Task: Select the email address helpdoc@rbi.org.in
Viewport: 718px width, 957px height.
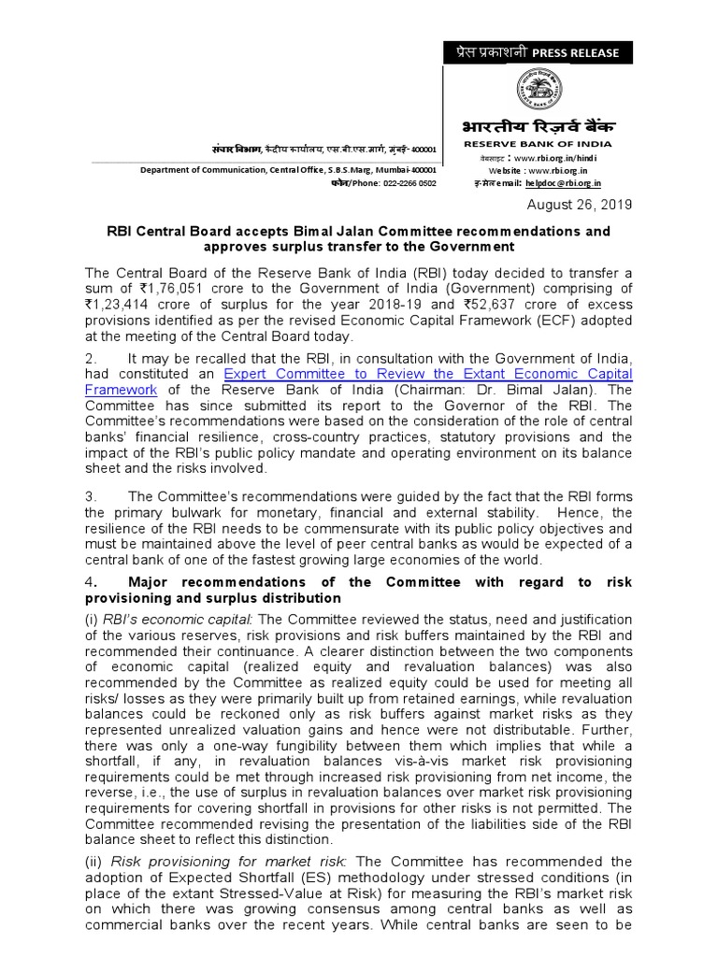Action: click(555, 184)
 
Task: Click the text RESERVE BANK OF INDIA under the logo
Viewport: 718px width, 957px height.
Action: click(538, 144)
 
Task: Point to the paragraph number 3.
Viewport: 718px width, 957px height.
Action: click(90, 496)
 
